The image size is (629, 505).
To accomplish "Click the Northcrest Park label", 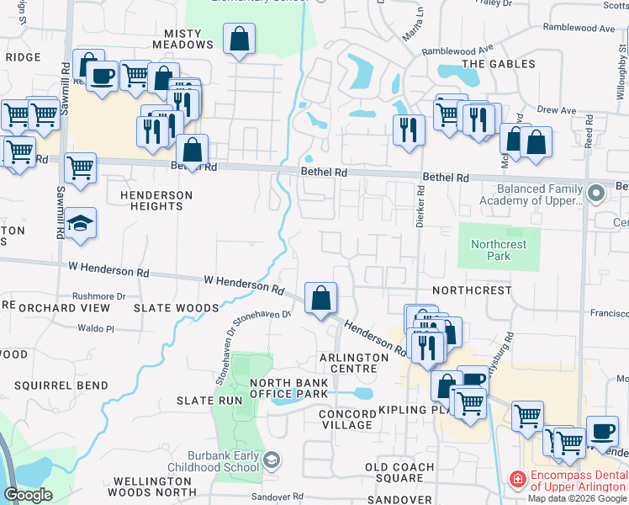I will click(499, 250).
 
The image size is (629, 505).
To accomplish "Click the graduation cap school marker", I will click(81, 223).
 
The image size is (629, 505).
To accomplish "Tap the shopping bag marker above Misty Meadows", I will click(240, 38).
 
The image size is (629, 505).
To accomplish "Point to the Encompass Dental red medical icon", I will click(518, 480).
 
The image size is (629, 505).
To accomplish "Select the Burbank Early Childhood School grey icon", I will click(272, 460).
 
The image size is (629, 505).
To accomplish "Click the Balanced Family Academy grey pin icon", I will click(596, 194).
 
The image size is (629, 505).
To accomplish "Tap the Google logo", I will click(28, 495).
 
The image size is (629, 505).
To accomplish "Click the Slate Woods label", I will click(177, 308).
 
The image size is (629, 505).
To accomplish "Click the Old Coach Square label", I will click(399, 472).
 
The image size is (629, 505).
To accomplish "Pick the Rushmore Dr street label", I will click(98, 296).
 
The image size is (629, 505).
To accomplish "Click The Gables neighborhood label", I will click(498, 64).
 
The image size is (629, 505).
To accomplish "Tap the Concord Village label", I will click(347, 419).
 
